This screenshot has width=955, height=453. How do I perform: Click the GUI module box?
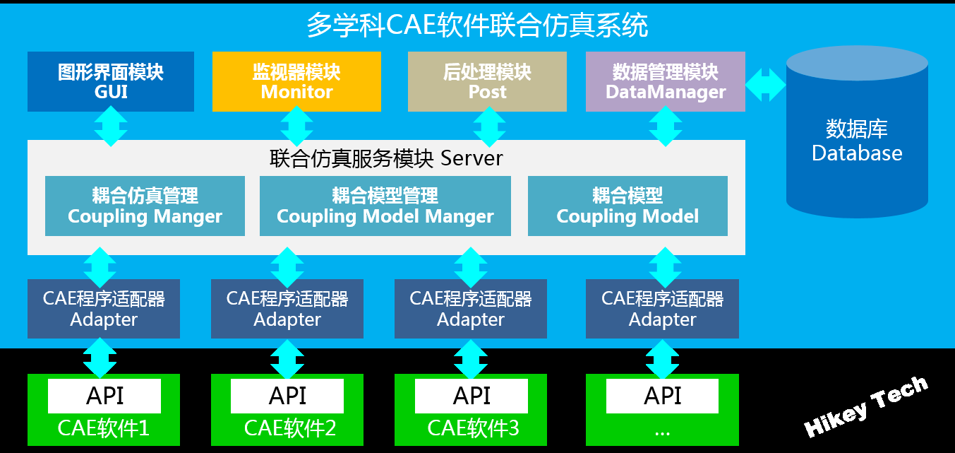point(111,81)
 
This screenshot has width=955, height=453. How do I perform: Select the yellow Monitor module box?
point(296,81)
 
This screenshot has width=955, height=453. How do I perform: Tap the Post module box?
point(487,81)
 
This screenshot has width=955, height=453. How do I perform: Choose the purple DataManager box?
point(666,81)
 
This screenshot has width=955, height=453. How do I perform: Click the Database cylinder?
point(857,132)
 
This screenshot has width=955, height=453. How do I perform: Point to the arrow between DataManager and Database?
point(766,85)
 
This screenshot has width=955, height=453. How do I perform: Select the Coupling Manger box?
point(145,206)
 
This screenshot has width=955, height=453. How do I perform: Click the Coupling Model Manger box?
point(385,206)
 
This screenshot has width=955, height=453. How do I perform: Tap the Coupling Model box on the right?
point(627,206)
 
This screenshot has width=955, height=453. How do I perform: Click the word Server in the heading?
point(472,158)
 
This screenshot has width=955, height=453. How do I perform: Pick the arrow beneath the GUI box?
point(111,127)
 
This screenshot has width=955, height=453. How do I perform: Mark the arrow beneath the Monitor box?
point(296,127)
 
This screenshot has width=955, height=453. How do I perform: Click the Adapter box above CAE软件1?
point(104,309)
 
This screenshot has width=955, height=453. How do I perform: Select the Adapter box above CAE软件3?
point(471,309)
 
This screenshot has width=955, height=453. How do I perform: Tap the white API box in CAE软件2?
point(287,396)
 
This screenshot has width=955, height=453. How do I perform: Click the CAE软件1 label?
point(104,428)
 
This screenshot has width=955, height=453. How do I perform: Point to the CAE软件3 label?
point(473,428)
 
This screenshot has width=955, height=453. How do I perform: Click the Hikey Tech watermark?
point(865,407)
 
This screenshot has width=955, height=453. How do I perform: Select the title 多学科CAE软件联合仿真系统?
point(477,25)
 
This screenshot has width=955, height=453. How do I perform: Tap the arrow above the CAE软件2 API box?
point(287,359)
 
